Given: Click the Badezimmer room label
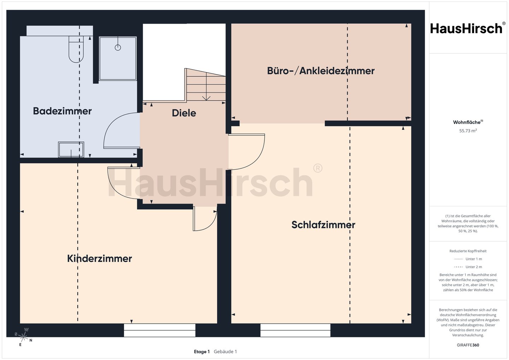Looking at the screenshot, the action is point(62,111).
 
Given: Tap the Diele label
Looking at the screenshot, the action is point(184,113).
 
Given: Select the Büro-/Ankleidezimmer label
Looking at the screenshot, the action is point(321,71).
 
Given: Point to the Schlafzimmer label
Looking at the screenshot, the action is point(323,225).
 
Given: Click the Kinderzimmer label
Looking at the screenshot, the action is point(100,259).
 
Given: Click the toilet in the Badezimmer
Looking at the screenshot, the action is point(76,49).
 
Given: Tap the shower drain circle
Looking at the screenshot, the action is point(118,47).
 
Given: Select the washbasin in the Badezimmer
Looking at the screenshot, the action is point(71,149).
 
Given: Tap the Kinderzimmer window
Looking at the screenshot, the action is point(159,330).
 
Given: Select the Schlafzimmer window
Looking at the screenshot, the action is point(295,330).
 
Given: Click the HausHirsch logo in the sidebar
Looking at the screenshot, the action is point(468,28).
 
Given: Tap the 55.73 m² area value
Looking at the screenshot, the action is point(468,131).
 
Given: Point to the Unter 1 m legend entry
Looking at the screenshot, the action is point(468,259).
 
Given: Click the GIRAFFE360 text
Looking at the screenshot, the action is point(468,345).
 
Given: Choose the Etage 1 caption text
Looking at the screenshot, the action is point(202,352).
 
